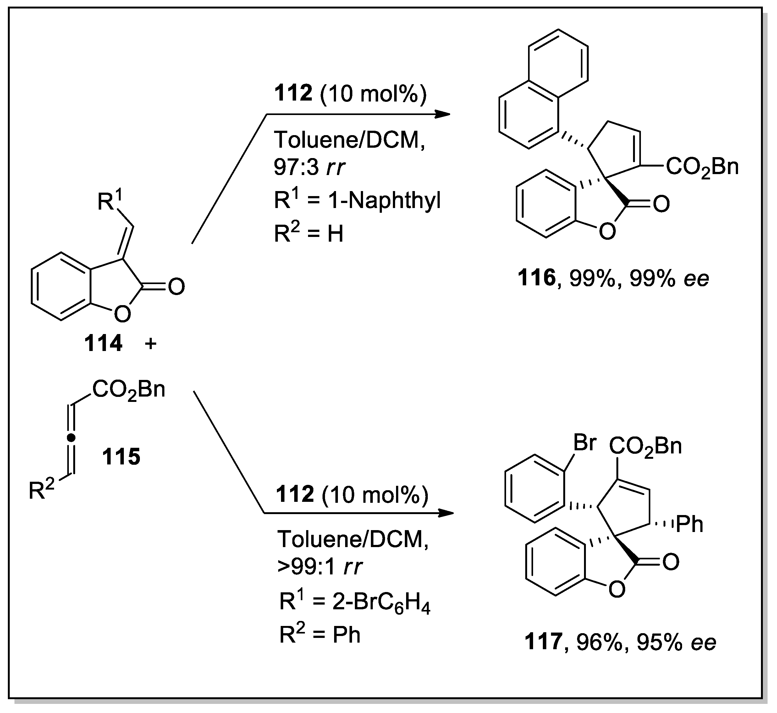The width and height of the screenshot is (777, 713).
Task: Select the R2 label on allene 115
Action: (x=41, y=490)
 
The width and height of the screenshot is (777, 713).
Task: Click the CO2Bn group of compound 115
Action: (x=129, y=390)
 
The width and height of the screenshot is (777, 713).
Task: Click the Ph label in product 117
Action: (x=690, y=524)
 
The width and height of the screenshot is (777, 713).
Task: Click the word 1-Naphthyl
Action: (x=384, y=201)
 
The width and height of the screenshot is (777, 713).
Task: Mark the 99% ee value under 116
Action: (x=669, y=278)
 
